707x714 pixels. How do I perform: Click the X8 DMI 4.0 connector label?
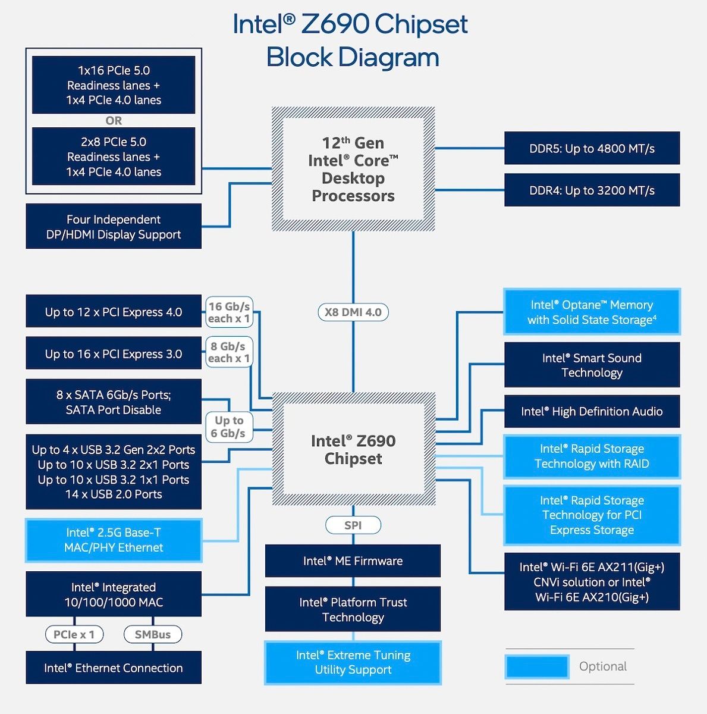353,312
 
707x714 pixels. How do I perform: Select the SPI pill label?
353,525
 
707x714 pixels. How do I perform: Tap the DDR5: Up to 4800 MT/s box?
592,148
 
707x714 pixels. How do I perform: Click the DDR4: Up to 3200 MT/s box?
592,190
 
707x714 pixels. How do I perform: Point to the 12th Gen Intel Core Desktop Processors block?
353,169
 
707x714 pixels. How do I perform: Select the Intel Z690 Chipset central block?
353,449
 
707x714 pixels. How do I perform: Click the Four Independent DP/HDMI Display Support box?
114,226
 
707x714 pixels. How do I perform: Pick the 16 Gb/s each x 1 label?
229,312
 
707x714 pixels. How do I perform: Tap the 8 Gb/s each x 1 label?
229,352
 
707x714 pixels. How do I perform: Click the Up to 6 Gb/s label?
229,427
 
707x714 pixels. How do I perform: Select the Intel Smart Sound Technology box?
592,365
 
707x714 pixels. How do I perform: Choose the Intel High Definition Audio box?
592,411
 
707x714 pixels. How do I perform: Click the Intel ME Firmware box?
353,560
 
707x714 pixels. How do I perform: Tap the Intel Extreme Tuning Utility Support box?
353,662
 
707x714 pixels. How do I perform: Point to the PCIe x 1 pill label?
74,634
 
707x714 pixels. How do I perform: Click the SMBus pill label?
153,634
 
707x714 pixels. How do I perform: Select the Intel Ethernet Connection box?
114,668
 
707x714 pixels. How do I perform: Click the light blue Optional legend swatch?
536,666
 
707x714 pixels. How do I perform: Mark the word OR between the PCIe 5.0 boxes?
114,121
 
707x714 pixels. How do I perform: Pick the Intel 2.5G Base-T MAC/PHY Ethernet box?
114,540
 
